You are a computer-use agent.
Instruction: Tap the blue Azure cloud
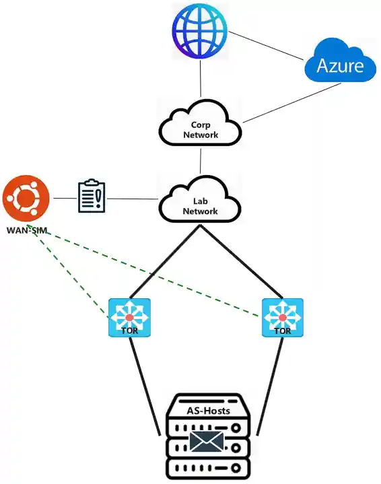[x=340, y=65]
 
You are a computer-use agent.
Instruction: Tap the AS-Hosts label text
[x=208, y=410]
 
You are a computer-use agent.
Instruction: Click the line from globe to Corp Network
[x=200, y=78]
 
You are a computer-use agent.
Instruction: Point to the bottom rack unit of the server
[x=208, y=467]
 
